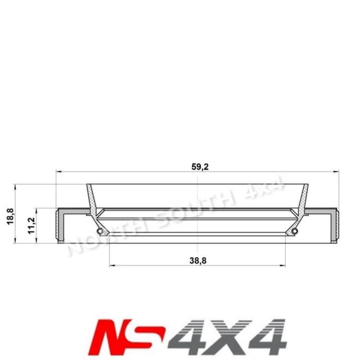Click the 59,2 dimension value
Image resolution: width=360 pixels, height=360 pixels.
click(x=196, y=167)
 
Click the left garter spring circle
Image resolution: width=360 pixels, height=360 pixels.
click(x=99, y=231)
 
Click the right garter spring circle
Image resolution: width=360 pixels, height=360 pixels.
click(x=295, y=231)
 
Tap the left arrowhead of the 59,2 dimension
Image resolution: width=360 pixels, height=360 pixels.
click(x=58, y=171)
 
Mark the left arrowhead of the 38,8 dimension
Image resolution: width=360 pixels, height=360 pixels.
click(x=112, y=265)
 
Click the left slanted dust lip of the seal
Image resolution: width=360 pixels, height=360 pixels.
click(x=92, y=201)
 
